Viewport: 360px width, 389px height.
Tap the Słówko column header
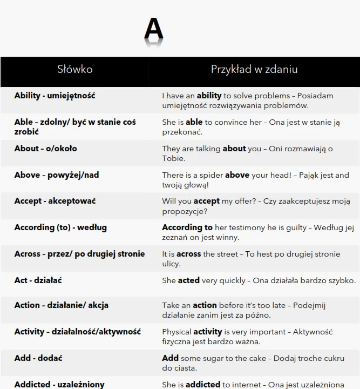click(74, 70)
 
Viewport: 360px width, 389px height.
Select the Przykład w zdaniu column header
click(254, 70)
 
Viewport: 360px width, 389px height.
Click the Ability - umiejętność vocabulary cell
click(55, 96)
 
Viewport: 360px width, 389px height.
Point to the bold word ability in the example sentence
click(209, 96)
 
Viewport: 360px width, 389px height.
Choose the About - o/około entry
click(45, 149)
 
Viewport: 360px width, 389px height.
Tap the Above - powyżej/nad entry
click(57, 175)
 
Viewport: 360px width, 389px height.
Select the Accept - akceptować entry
click(55, 202)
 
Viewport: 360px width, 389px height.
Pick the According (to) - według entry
click(60, 227)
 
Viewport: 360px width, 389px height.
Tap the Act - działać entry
click(38, 280)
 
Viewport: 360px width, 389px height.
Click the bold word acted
click(188, 280)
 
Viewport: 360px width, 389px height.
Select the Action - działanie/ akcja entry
click(61, 305)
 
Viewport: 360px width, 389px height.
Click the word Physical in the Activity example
click(176, 332)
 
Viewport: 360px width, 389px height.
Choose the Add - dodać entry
click(39, 358)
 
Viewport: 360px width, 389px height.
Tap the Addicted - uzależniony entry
click(59, 385)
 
